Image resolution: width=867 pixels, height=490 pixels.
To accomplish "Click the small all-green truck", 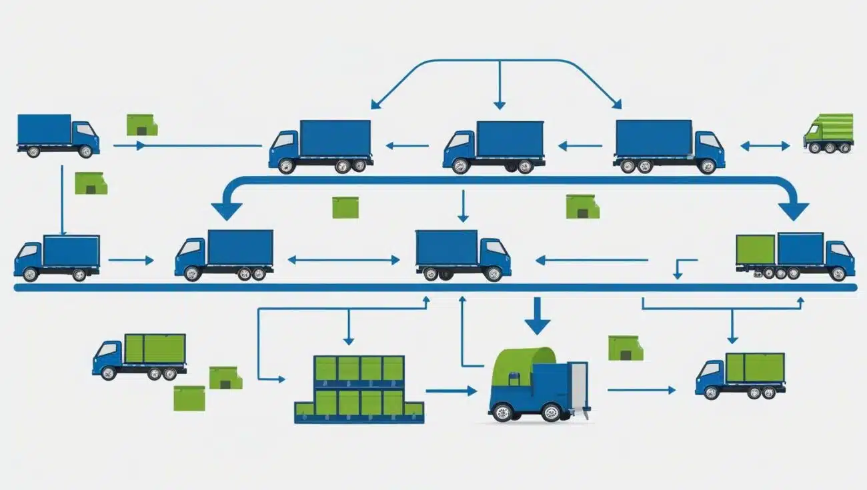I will [x=828, y=133].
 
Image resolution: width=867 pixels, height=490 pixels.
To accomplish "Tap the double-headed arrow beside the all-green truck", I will [x=764, y=145].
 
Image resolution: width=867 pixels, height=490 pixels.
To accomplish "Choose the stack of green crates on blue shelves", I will [x=359, y=390].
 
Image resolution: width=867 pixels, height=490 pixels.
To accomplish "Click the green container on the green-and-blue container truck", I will [x=756, y=249].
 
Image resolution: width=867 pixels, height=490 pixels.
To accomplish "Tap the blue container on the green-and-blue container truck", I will [x=800, y=249].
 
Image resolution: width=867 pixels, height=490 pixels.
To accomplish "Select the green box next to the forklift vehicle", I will [x=625, y=348].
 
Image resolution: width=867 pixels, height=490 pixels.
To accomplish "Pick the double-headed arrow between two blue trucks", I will [x=344, y=260].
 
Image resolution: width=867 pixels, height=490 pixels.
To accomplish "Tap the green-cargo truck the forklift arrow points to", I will [x=740, y=375].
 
